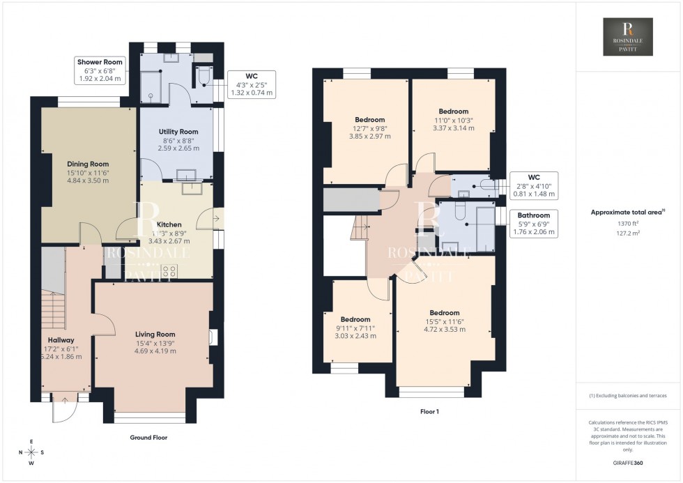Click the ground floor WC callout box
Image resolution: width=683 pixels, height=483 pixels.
coord(252,84)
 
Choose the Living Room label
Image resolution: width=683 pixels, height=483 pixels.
coord(155,342)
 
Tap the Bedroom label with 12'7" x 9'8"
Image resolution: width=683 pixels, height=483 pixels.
coord(369,128)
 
